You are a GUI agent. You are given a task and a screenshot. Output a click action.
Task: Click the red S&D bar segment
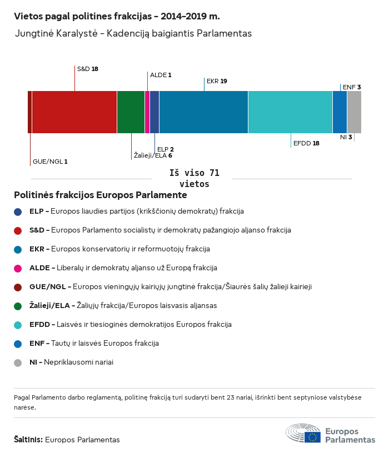[74, 112]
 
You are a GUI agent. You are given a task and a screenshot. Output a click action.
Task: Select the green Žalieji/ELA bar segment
[131, 112]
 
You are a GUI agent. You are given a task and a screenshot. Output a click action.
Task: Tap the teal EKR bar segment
[203, 112]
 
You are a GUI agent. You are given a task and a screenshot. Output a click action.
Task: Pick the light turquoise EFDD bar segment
[290, 112]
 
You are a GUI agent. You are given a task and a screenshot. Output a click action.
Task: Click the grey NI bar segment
[354, 112]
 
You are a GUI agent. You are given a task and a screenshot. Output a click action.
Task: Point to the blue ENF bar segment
[340, 112]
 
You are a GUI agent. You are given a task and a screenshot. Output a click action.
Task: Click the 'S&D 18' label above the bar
[87, 69]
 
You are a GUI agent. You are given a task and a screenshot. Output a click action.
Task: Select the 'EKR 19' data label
[217, 81]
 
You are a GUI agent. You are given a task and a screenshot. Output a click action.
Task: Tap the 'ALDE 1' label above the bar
[161, 75]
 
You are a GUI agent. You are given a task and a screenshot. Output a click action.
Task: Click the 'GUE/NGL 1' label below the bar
[50, 162]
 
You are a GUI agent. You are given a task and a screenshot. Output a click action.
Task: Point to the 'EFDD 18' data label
[306, 143]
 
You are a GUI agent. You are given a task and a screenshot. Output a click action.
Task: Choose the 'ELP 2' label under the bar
[166, 149]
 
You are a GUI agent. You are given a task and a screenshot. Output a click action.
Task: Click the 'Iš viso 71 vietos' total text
[194, 179]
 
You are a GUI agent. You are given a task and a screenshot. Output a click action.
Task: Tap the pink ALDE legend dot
[18, 268]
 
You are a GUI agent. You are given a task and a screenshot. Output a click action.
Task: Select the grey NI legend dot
[18, 362]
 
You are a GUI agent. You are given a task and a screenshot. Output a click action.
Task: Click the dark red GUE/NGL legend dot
[18, 287]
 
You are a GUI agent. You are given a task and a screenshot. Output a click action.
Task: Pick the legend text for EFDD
[130, 325]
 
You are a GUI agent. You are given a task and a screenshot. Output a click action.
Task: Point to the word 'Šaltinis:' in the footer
[28, 440]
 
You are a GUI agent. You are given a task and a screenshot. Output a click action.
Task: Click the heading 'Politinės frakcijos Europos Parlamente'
[101, 195]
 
